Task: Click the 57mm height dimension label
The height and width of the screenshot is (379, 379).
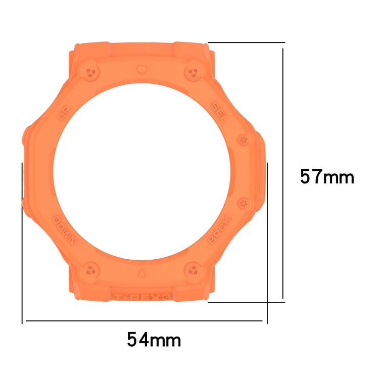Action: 327,177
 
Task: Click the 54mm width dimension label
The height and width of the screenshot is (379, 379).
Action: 154,340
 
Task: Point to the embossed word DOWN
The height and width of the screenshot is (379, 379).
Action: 64,230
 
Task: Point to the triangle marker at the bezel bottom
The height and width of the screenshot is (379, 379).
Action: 141,273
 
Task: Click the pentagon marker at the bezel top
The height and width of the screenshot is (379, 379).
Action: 141,67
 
